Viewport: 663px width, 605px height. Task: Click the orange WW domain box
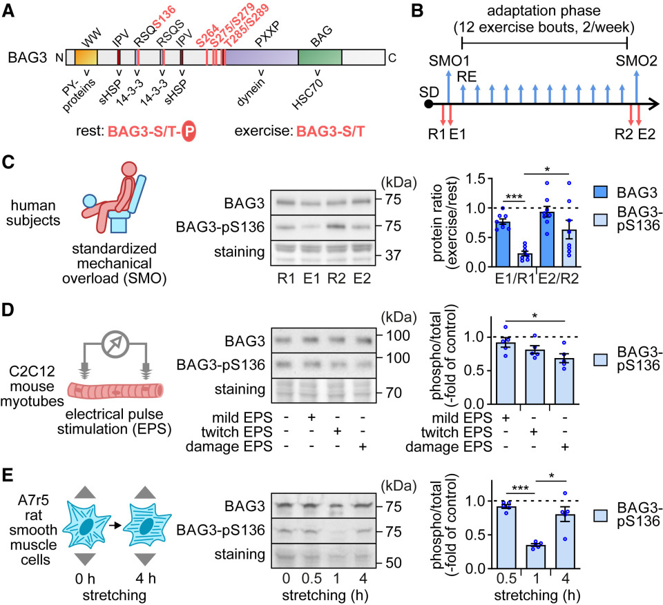tap(86, 58)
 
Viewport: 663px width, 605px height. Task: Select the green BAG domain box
tap(320, 58)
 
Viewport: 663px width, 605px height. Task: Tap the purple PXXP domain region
tap(261, 58)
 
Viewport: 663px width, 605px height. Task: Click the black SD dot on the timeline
tap(429, 104)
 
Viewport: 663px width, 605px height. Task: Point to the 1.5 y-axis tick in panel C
tap(477, 177)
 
